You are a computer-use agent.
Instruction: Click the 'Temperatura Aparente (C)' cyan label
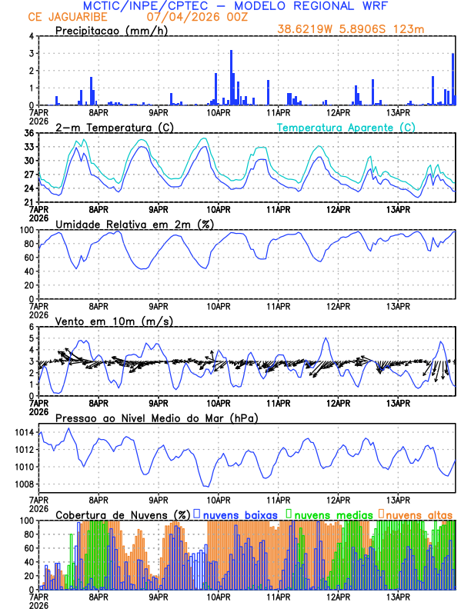point(346,127)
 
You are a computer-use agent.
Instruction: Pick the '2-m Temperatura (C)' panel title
point(110,127)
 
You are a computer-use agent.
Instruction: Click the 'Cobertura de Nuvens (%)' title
point(122,514)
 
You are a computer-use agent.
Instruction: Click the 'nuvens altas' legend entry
point(419,514)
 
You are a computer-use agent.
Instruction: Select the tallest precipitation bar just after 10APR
point(231,78)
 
